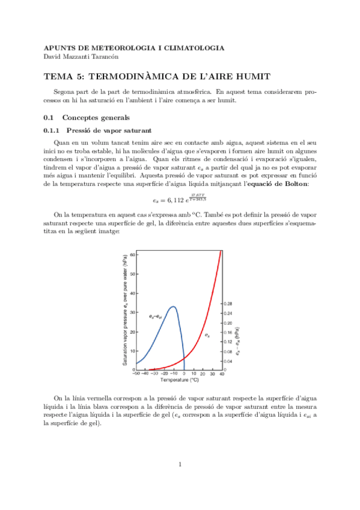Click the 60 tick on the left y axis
[133, 256]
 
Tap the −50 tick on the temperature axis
[136, 373]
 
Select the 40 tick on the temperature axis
[222, 373]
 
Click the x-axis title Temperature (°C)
[179, 380]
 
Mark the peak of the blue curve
[174, 307]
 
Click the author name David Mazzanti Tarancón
[84, 57]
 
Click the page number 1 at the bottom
[180, 464]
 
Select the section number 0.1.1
[53, 130]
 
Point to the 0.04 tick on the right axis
[227, 361]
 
